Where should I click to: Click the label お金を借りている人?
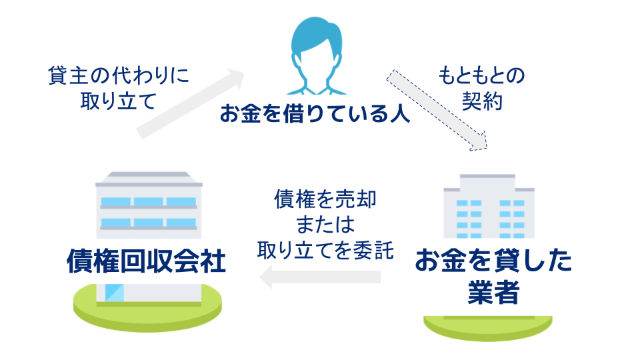tap(315, 113)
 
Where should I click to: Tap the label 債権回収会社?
tap(146, 261)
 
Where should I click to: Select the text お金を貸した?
tap(493, 261)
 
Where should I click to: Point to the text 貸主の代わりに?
tap(119, 75)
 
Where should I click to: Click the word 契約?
tap(482, 101)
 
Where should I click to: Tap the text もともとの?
tap(481, 76)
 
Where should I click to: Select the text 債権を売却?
tap(325, 199)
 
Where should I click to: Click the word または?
tap(325, 225)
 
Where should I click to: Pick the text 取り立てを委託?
tap(325, 250)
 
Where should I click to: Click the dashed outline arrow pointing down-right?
tap(437, 110)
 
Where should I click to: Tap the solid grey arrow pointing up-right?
tap(190, 103)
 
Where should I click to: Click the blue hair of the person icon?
tap(316, 36)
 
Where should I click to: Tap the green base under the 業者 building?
tap(488, 327)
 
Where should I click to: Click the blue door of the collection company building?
tap(114, 293)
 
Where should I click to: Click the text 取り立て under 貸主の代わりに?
tap(119, 101)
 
